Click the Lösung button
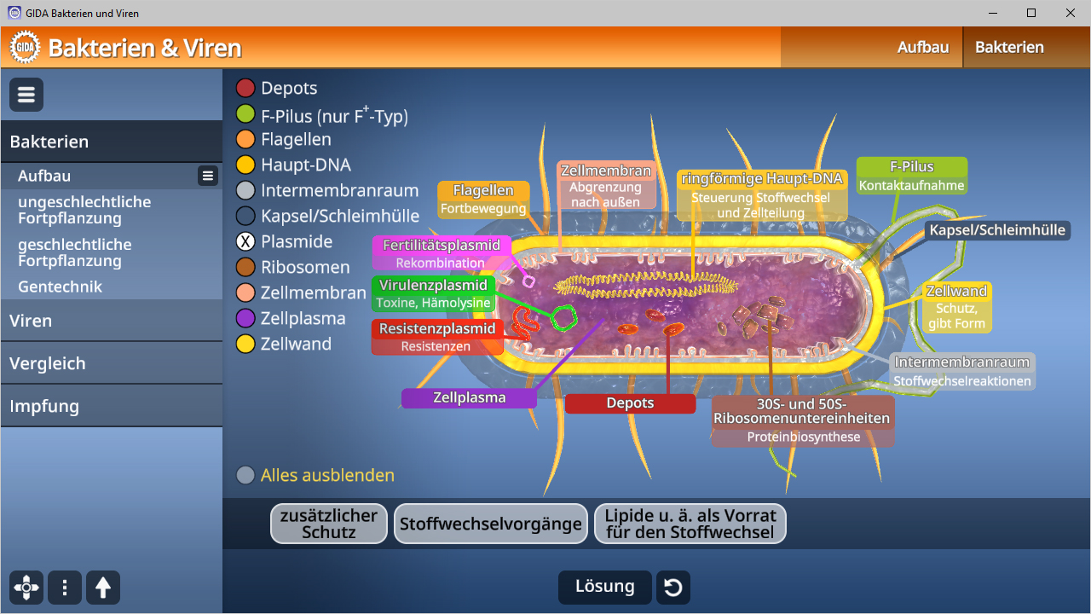(604, 587)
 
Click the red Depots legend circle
(245, 88)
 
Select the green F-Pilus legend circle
(245, 114)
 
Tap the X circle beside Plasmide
(245, 241)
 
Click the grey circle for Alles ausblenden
(245, 475)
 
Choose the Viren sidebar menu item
(111, 321)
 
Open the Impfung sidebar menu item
(111, 406)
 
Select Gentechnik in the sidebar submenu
(60, 287)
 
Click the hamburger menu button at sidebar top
(26, 95)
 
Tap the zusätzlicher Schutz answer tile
(329, 524)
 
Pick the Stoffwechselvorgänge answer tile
(491, 524)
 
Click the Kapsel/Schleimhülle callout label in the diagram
(997, 230)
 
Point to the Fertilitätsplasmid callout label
(442, 246)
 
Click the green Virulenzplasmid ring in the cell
(563, 317)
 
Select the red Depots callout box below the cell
(630, 403)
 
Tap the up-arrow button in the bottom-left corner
(103, 588)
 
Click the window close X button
(1071, 13)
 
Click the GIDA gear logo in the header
(25, 47)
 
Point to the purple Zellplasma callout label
(469, 397)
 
